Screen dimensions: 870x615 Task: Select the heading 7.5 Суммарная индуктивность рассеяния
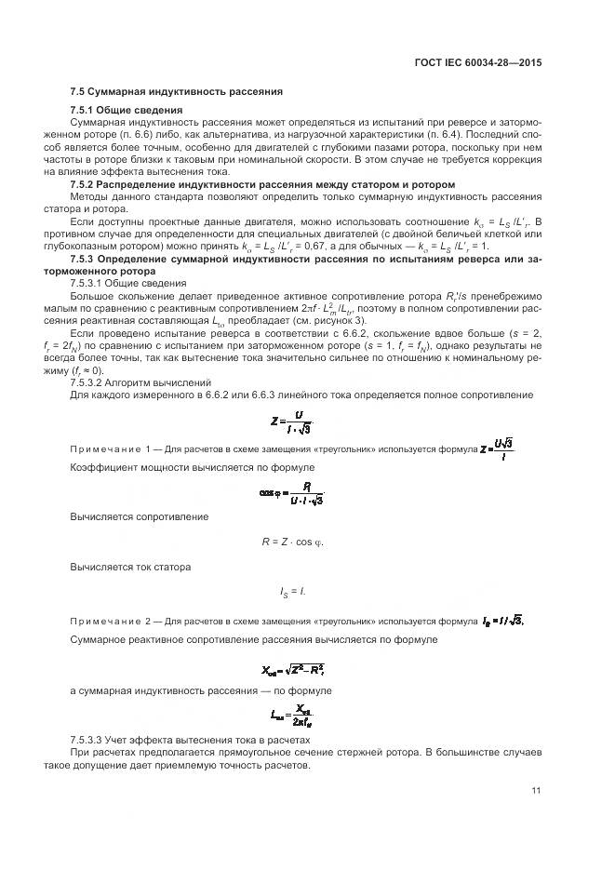point(177,92)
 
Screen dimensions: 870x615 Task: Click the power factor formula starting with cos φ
point(291,495)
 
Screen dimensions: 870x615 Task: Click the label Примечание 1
point(111,449)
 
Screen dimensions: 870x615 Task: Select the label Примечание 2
point(111,620)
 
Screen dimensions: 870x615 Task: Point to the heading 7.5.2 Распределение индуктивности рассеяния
point(262,184)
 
